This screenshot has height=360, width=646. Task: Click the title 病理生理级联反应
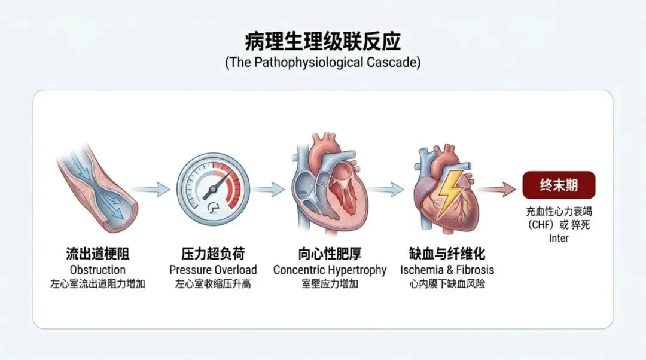322,42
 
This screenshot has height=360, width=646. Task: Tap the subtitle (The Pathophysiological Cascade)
322,63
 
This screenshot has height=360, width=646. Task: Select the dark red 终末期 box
559,185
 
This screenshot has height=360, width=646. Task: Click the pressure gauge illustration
213,190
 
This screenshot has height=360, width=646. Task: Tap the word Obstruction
97,270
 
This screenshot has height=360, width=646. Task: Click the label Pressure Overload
213,270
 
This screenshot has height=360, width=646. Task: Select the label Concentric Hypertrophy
330,270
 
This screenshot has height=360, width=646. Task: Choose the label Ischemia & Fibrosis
447,270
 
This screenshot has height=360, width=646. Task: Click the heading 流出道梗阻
97,254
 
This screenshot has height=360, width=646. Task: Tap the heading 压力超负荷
213,254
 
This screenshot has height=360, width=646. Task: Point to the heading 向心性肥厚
330,254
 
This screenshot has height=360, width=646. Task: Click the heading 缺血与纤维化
447,254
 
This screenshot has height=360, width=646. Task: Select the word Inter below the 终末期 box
559,239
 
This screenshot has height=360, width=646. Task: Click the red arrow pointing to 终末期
496,190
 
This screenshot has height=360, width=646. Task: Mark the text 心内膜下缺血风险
447,284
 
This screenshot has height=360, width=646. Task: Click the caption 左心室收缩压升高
213,284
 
